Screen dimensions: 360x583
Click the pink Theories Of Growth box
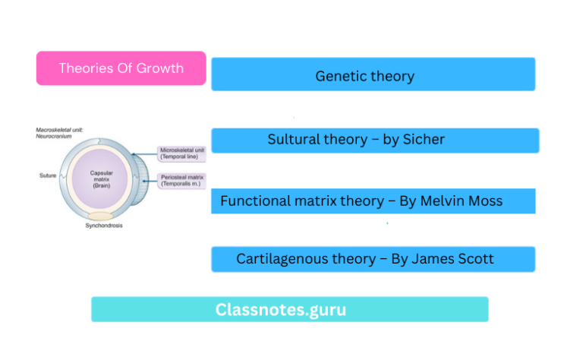tap(121, 68)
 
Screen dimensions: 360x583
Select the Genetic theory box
tap(373, 74)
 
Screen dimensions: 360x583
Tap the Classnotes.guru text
tap(281, 310)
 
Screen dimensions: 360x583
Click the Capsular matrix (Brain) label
tap(102, 179)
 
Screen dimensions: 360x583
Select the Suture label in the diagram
tap(48, 175)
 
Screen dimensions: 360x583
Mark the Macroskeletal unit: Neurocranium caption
tap(60, 134)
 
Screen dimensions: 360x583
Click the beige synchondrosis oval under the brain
tap(102, 216)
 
